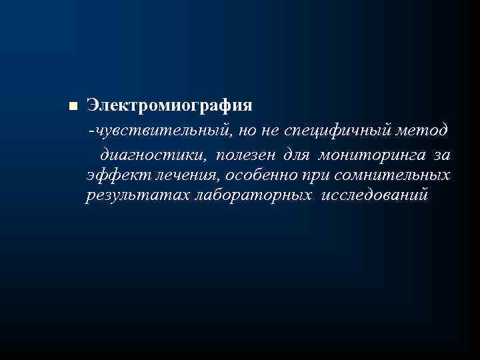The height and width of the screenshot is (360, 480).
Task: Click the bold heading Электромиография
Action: click(169, 105)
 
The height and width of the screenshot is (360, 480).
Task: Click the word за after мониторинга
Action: click(441, 155)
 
